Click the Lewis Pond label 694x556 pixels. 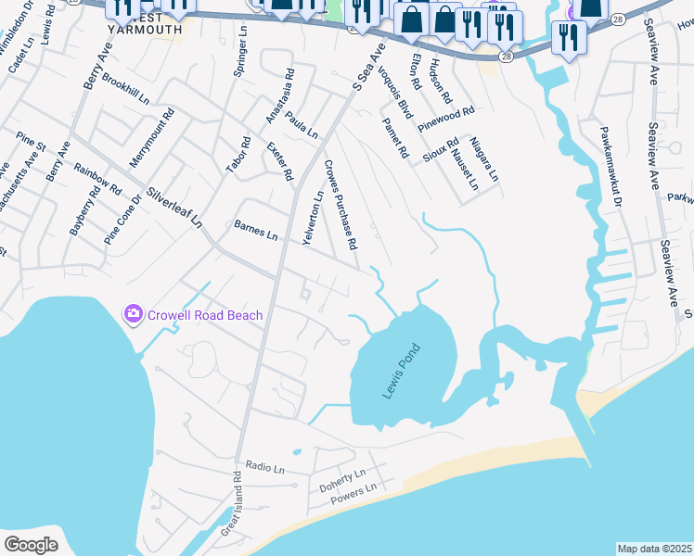point(403,372)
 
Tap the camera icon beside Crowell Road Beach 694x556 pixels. point(134,315)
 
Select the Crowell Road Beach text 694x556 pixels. point(204,315)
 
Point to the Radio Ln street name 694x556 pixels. point(265,468)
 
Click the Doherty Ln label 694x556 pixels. point(342,481)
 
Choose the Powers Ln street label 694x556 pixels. point(354,496)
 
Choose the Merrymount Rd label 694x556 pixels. point(152,138)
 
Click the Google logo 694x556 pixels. point(31,544)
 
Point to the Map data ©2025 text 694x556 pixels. point(654,549)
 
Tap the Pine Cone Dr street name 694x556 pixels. point(123,218)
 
